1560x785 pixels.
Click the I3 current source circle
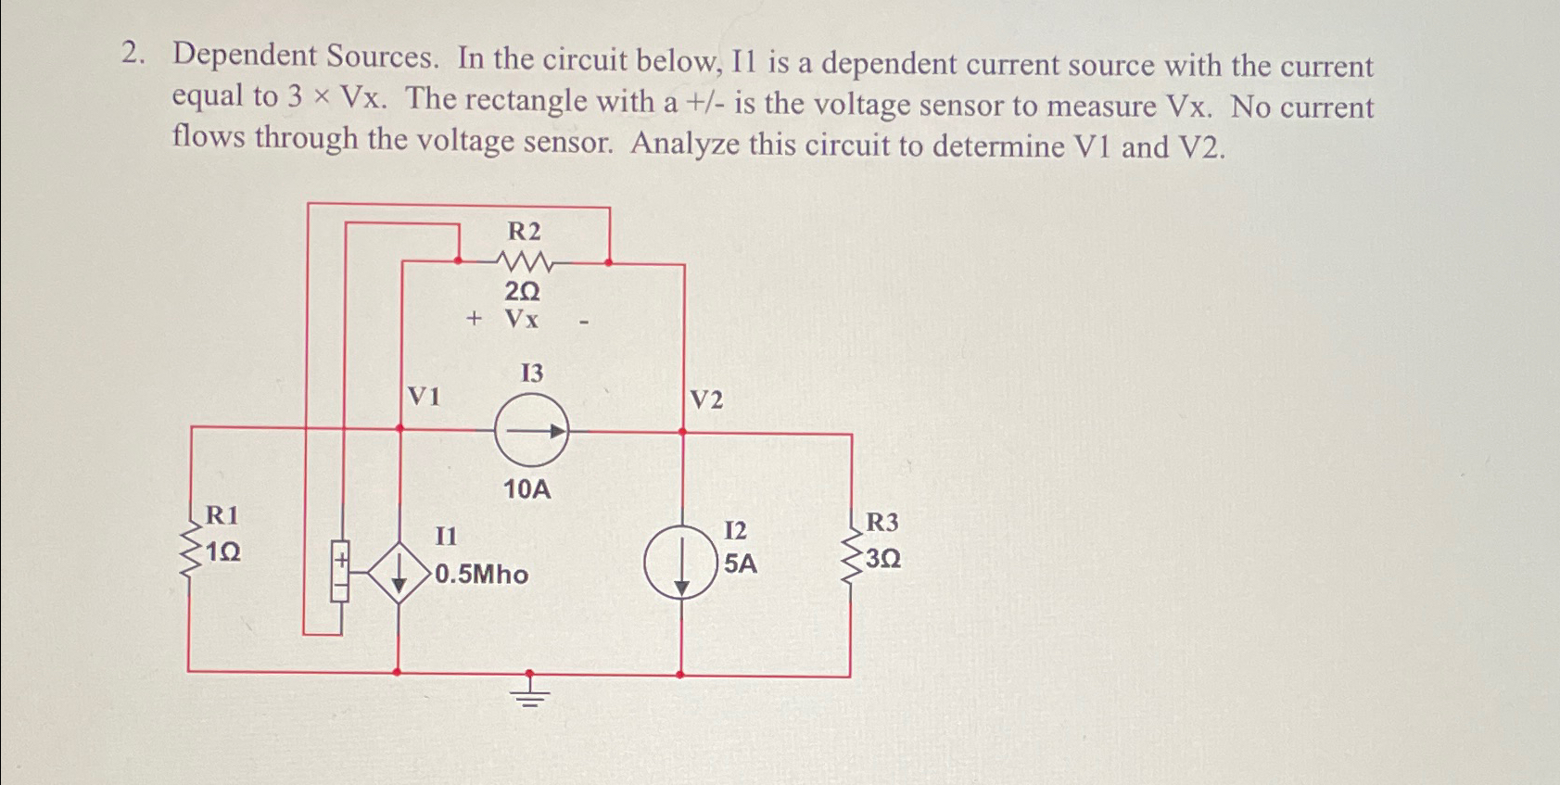[x=531, y=430]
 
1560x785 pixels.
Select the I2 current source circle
[x=681, y=562]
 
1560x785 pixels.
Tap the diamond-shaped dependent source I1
[x=399, y=574]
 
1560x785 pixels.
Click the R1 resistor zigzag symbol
[x=190, y=551]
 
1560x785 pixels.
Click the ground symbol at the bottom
[x=529, y=690]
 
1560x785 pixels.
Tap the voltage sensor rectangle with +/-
[x=340, y=571]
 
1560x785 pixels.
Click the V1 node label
[x=424, y=397]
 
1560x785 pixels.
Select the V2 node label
[x=706, y=399]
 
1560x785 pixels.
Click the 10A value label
[x=526, y=489]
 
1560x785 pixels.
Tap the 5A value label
[x=740, y=563]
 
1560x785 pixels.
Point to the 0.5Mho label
[x=481, y=575]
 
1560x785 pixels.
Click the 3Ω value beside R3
[x=883, y=559]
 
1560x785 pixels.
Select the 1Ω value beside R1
[x=223, y=552]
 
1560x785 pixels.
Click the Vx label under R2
[x=522, y=320]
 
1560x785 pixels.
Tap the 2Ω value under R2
[x=522, y=292]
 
